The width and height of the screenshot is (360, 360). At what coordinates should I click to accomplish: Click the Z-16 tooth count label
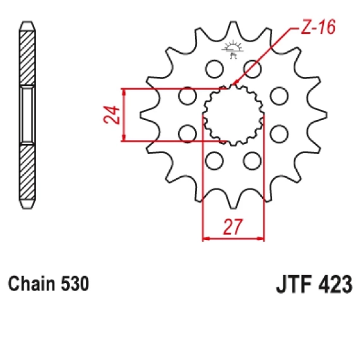(318, 27)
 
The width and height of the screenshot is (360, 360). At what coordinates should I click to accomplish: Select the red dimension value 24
(112, 115)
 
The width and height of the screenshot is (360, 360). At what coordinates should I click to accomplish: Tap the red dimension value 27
(232, 227)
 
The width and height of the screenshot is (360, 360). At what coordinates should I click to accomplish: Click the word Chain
(31, 284)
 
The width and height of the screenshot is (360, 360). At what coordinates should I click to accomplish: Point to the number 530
(75, 284)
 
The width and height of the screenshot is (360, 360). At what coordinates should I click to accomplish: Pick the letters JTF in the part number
(294, 284)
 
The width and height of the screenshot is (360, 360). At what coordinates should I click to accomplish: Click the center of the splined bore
(233, 115)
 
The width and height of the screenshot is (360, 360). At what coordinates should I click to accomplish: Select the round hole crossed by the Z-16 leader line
(253, 69)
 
